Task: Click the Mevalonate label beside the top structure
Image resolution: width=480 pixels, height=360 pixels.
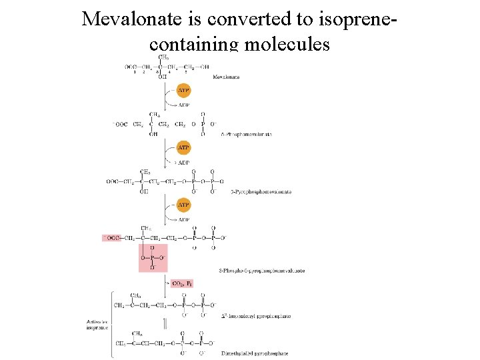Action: (x=226, y=77)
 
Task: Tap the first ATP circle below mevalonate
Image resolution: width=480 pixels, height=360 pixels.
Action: (x=183, y=89)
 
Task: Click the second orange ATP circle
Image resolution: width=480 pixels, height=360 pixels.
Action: (x=183, y=147)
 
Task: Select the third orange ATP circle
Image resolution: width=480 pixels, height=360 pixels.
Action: (x=183, y=205)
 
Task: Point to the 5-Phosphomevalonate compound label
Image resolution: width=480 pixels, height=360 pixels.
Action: (x=246, y=134)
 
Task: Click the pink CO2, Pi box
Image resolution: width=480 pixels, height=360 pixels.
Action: (x=182, y=283)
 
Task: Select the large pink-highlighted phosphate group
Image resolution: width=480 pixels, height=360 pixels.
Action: (x=153, y=257)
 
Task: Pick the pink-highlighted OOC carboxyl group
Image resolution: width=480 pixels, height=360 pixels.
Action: (x=112, y=238)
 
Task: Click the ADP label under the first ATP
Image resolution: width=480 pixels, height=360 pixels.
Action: (x=183, y=105)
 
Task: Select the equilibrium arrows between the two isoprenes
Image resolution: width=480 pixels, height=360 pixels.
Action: (x=165, y=324)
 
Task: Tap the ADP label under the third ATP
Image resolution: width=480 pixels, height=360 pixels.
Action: (x=183, y=219)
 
